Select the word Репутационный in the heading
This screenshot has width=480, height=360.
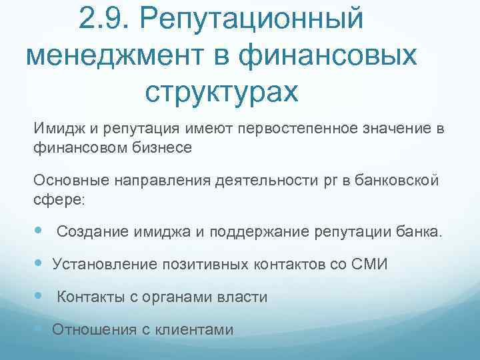(x=253, y=20)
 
